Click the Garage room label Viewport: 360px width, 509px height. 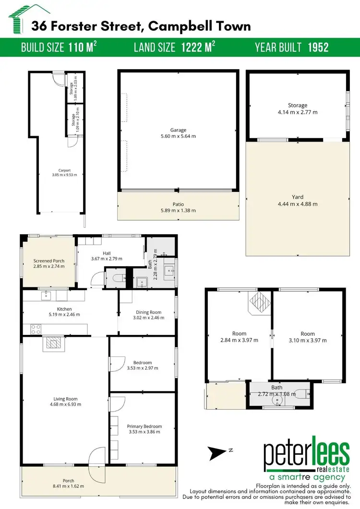point(178,130)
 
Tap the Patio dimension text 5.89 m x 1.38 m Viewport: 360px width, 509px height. point(178,210)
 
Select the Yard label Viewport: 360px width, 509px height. point(298,196)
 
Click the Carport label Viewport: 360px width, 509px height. point(65,170)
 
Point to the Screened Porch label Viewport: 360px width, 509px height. point(49,261)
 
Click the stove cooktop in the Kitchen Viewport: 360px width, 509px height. point(35,330)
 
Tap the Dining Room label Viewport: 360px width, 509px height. point(147,312)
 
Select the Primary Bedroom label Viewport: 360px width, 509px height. point(144,426)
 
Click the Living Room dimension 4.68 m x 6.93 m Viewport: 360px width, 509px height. point(65,404)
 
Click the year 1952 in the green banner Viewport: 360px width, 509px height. point(318,47)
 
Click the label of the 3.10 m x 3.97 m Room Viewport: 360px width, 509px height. point(308,334)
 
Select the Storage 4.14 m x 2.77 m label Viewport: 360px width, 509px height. point(298,106)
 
